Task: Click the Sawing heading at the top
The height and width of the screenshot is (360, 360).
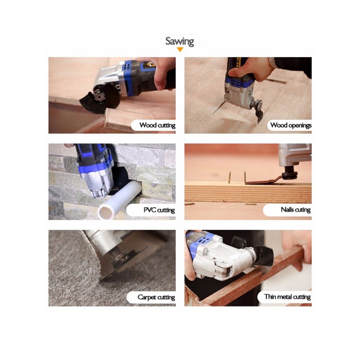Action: pos(180,42)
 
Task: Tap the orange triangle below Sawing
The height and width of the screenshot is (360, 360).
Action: pos(180,49)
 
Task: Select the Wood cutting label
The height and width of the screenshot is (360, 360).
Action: pos(157,125)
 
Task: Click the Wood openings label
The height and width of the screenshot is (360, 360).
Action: pos(291,125)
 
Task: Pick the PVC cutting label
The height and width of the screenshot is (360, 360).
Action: pos(159,210)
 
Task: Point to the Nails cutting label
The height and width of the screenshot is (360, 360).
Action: pos(296,210)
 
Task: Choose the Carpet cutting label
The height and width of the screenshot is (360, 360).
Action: pos(156,297)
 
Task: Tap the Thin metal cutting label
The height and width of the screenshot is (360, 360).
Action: pos(287,297)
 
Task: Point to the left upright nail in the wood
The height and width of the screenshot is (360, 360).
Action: pos(229,177)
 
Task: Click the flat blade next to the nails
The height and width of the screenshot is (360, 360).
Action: pos(264,181)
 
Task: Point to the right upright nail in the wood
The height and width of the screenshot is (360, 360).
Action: pos(245,177)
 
